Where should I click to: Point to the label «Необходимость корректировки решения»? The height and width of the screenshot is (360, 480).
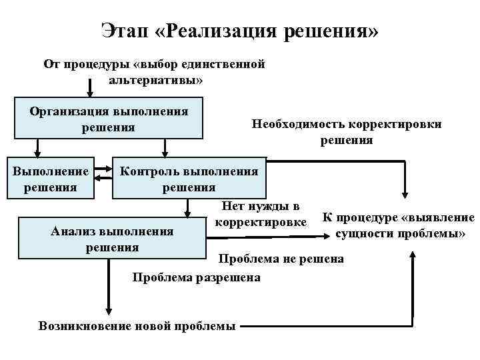346,132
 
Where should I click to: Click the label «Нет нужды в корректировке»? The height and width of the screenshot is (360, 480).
261,213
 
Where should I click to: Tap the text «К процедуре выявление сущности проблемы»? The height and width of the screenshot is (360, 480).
398,225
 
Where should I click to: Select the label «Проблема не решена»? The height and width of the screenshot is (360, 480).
281,259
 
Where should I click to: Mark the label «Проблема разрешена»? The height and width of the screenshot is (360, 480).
197,277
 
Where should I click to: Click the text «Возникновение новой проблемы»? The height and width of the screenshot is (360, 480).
137,326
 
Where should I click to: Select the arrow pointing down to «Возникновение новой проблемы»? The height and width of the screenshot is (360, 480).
109,287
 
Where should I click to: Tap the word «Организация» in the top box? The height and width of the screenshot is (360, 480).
69,111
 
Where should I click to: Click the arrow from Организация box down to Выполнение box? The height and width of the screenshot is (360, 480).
38,147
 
